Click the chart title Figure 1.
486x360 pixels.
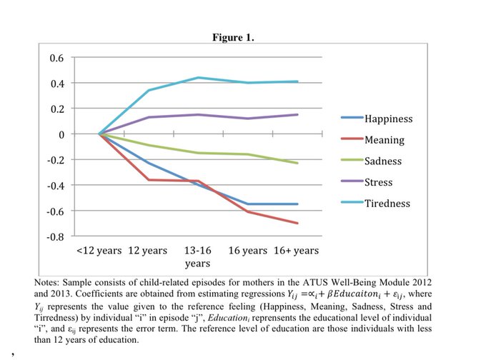(x=232, y=37)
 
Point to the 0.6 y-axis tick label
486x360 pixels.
(x=56, y=58)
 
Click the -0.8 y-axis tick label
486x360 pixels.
(x=54, y=236)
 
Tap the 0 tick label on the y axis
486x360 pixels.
(x=61, y=134)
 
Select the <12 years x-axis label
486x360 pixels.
(x=99, y=251)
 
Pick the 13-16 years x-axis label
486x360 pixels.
(x=197, y=257)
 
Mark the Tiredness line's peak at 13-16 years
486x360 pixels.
(x=197, y=78)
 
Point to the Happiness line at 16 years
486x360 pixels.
(x=247, y=204)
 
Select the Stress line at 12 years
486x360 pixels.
(x=148, y=117)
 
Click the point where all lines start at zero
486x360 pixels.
(x=99, y=134)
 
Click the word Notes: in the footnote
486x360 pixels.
(x=48, y=283)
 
